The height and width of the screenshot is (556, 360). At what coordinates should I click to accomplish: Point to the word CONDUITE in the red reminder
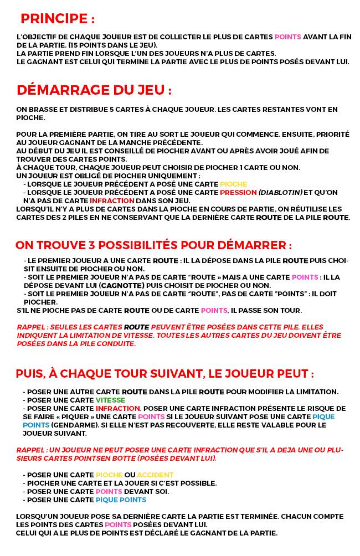[118, 343]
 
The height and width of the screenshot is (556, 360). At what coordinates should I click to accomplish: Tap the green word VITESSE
[110, 400]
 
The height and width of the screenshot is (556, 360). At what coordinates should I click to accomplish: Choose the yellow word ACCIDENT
[155, 475]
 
